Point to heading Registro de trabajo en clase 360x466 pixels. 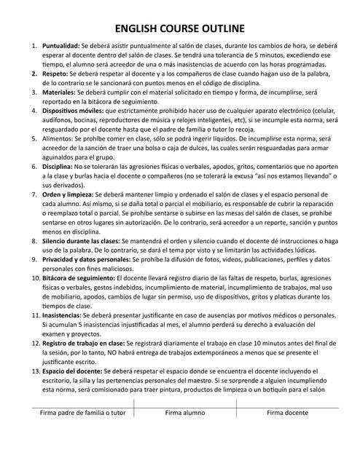[82, 343]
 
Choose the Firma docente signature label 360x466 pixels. [287, 413]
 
